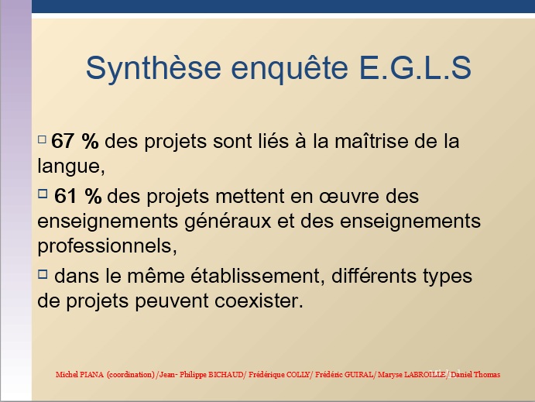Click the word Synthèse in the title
coord(153,69)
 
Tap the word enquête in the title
coord(290,69)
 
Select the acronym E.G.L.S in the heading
coord(415,67)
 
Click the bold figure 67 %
coord(75,141)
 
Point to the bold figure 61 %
coord(77,196)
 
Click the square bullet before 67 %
coord(42,139)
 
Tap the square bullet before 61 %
coord(43,194)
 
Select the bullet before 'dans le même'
coord(43,274)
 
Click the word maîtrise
coord(371,141)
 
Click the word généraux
coord(228,222)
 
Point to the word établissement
coord(255,275)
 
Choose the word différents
coord(374,275)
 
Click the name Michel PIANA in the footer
coord(80,374)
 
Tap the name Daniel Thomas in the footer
coord(475,374)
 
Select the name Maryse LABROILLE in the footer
coord(411,374)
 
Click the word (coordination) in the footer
coord(131,374)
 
